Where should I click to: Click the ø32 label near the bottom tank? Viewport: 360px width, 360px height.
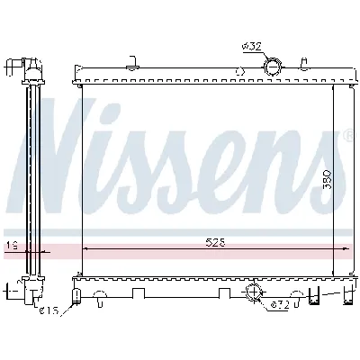click(x=280, y=304)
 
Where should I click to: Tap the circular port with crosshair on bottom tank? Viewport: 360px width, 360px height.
click(x=254, y=291)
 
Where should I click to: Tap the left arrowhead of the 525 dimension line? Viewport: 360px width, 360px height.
click(x=85, y=247)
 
